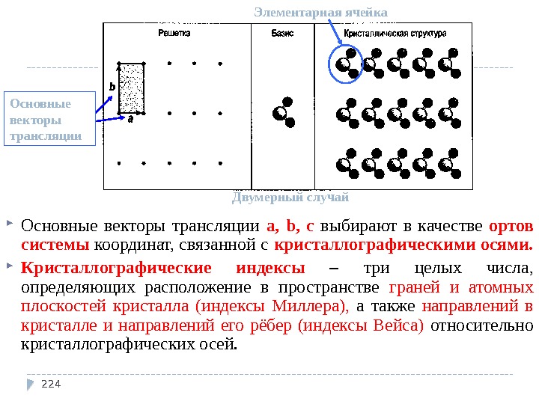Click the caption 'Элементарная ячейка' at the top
[x=320, y=13]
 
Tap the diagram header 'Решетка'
[x=174, y=34]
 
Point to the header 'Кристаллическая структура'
[x=395, y=34]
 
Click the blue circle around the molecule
[x=346, y=63]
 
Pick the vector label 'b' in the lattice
[x=112, y=88]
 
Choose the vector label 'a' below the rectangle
[x=130, y=119]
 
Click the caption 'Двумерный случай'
[x=290, y=198]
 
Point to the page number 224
[x=50, y=385]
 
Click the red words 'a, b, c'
[x=290, y=226]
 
